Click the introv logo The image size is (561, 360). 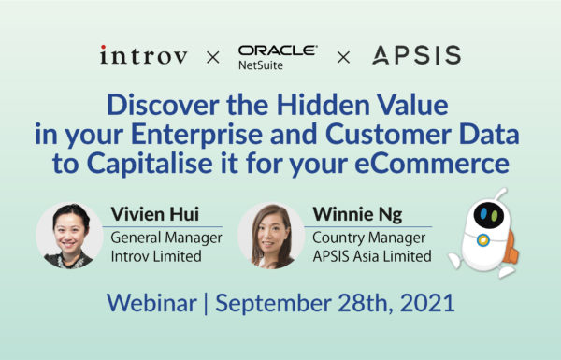[145, 55]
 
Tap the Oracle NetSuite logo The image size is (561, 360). [278, 55]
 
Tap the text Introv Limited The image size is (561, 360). [155, 256]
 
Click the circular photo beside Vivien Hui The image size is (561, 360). [70, 235]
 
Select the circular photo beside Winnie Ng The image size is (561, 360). [271, 235]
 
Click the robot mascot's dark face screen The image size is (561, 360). [486, 212]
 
